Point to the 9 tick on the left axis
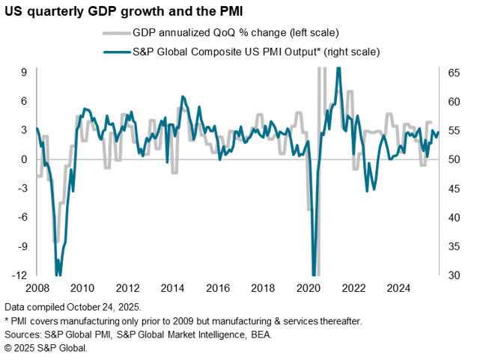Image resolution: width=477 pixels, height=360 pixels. click(x=24, y=72)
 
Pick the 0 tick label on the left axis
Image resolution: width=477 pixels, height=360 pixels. click(x=24, y=159)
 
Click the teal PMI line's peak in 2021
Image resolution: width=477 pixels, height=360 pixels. click(x=338, y=68)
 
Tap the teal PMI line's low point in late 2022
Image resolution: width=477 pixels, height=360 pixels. click(x=367, y=191)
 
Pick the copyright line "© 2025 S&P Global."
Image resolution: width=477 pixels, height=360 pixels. click(x=46, y=348)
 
